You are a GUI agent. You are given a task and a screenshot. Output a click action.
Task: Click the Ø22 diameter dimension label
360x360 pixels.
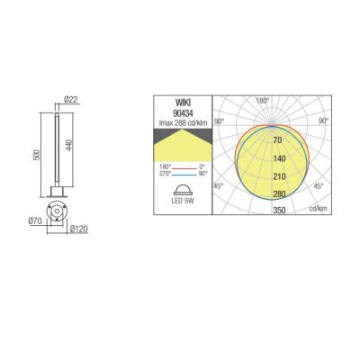pyautogui.click(x=74, y=101)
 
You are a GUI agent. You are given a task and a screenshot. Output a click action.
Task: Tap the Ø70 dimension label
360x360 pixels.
pyautogui.click(x=36, y=220)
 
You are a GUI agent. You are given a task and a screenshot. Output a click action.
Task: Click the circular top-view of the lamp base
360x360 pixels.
pyautogui.click(x=58, y=210)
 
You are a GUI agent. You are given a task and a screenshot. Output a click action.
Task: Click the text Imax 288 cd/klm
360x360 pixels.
pyautogui.click(x=185, y=120)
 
